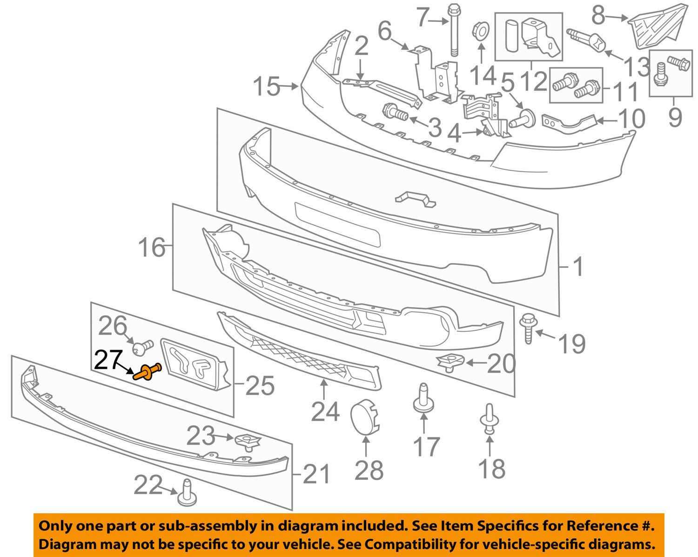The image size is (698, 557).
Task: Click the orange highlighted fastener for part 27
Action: coord(147,372)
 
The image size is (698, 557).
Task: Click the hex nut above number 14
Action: coord(481,32)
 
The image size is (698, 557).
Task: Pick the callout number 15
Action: coord(267,87)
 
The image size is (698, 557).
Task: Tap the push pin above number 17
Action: coord(423,398)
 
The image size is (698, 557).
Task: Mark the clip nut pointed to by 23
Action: coord(248,441)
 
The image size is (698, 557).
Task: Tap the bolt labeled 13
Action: coord(586,40)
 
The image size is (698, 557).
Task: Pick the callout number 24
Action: coord(325,411)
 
